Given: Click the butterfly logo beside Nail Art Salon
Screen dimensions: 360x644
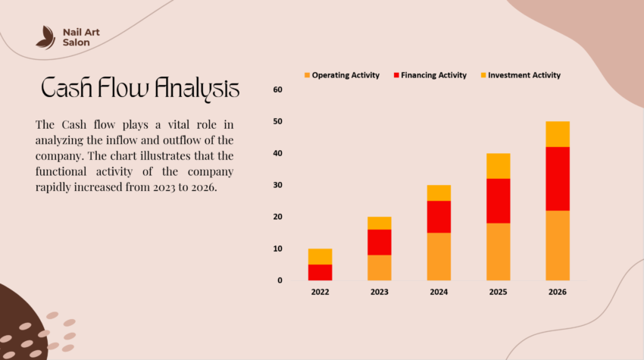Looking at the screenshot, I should tap(45, 37).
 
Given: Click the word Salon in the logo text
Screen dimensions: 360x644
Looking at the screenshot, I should tap(77, 43).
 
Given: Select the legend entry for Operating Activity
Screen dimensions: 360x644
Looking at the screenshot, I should tap(345, 75).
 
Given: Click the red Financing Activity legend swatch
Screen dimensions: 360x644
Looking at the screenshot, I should tap(396, 75).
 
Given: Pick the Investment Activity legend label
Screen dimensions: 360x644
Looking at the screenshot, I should tap(524, 75).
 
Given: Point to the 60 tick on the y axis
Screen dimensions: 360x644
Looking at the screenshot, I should tap(277, 90).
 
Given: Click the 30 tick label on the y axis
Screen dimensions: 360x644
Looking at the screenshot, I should tap(277, 186).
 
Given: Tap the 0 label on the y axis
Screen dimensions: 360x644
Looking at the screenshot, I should tap(280, 280).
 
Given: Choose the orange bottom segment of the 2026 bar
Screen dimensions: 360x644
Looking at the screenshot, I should tap(557, 245).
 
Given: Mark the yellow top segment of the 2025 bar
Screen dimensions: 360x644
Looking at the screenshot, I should tap(498, 165).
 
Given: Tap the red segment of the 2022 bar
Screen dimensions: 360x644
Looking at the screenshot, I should tap(320, 272).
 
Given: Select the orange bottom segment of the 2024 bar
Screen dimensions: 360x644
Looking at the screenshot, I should tap(439, 256).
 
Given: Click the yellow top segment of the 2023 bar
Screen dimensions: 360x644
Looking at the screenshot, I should tap(380, 223).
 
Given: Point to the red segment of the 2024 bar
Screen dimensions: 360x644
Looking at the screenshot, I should tap(439, 216).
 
